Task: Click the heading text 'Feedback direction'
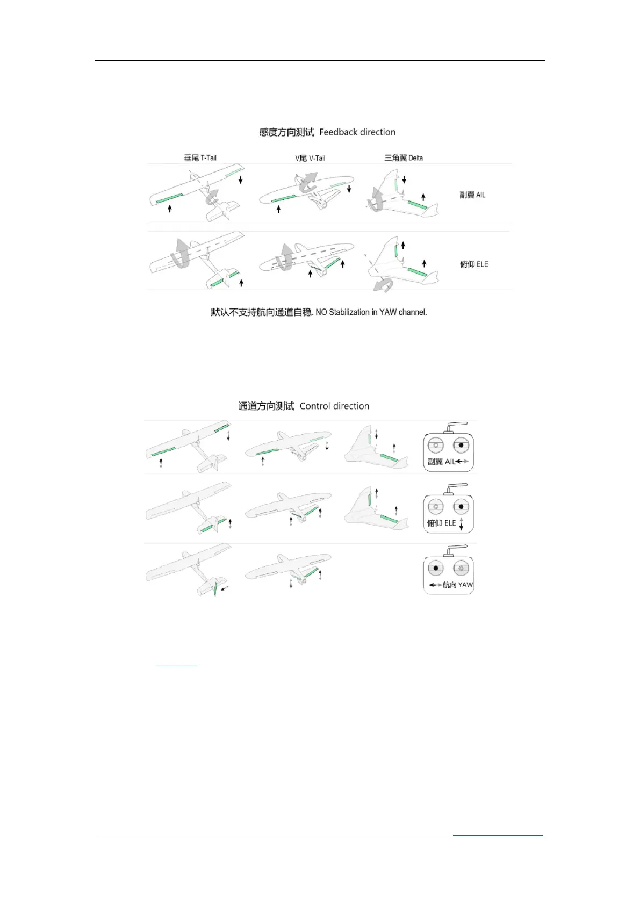tap(357, 132)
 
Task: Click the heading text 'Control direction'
tap(334, 406)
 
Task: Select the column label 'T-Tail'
tap(208, 158)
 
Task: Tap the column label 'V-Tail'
tap(317, 158)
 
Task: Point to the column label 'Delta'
tap(415, 158)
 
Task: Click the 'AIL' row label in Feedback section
tap(480, 195)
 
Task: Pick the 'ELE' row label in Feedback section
tap(481, 264)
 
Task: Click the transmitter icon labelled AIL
tap(448, 448)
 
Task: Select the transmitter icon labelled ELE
tap(448, 509)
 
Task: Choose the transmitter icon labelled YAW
tap(448, 571)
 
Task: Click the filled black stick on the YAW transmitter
tap(436, 568)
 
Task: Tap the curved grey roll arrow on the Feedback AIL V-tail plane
tap(308, 182)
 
